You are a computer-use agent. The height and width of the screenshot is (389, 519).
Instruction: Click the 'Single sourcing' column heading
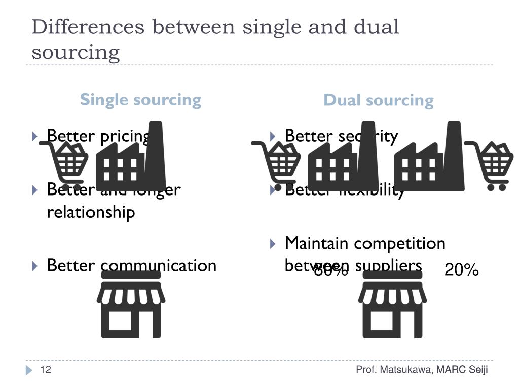140,99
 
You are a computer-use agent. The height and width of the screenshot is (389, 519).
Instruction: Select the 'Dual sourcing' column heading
379,100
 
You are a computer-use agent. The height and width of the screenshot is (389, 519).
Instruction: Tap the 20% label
462,270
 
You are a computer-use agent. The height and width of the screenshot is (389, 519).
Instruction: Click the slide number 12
46,370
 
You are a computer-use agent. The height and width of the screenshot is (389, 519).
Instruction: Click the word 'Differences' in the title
87,27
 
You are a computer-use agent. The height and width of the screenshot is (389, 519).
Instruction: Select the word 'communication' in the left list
159,265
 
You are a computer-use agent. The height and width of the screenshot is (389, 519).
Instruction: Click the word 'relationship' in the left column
91,212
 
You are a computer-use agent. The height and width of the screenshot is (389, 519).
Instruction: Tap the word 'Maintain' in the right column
316,243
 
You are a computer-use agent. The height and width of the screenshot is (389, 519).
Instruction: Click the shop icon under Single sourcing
131,304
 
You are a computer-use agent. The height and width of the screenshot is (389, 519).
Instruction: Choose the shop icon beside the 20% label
392,304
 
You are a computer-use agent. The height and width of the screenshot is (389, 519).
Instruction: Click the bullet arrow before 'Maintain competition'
273,244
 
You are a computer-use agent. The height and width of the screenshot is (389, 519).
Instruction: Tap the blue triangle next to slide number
29,370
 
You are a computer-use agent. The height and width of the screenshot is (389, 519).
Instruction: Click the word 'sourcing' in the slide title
76,52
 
